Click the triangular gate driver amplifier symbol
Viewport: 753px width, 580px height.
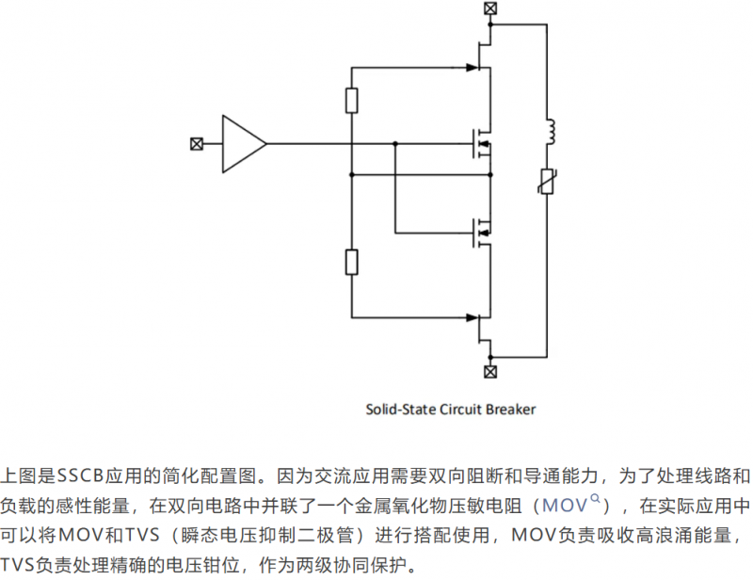tap(244, 144)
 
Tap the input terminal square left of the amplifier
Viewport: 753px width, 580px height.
tap(197, 144)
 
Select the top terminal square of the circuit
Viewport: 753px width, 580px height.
tap(490, 8)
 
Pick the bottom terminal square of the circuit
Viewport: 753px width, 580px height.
tap(490, 372)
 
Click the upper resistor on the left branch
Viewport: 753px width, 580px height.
tap(352, 101)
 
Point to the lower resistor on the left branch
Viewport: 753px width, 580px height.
tap(352, 263)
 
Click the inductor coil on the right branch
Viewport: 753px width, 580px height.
tap(551, 132)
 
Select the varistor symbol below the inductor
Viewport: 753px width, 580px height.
tap(547, 181)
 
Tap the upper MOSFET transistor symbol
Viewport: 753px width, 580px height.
tap(482, 144)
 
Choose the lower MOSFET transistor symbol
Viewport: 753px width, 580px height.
tap(482, 234)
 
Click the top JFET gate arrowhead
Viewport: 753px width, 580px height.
tap(473, 68)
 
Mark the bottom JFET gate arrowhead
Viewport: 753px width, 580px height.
tap(473, 317)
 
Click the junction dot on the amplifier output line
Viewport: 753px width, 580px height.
tap(395, 144)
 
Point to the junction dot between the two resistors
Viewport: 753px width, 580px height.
tap(352, 175)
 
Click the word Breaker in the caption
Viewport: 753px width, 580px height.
tap(510, 410)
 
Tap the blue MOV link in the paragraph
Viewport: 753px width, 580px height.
tap(565, 506)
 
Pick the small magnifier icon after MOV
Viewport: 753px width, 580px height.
tap(595, 499)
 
